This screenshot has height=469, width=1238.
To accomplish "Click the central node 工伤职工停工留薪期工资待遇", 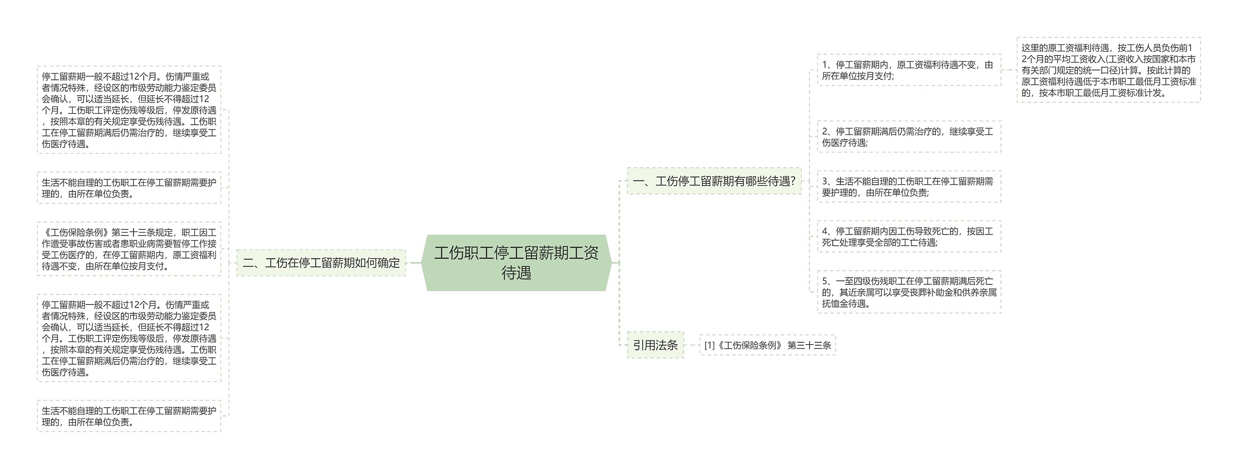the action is point(516,263).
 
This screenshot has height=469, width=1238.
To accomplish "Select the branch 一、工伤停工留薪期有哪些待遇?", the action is point(714,181).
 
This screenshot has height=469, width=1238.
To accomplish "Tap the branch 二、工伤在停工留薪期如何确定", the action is point(321,263).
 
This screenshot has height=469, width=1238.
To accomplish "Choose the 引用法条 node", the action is point(655,345).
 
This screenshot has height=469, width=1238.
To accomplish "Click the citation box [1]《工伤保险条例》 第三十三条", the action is point(767,345).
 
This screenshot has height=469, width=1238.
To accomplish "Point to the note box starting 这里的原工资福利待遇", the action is point(1108,70).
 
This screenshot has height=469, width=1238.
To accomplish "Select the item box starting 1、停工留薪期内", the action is point(909,70).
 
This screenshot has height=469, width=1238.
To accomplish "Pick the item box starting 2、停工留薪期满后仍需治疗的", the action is point(909,137).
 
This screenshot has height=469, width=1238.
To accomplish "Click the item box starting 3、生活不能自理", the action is point(909,187).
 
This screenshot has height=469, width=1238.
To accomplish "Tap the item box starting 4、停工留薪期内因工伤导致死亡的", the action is point(909,237).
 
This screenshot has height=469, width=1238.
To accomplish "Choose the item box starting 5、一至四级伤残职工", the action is point(909,292).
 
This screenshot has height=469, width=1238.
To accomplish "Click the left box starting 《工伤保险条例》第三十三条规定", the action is point(129,249).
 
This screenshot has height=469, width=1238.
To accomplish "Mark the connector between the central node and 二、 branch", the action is point(414,263).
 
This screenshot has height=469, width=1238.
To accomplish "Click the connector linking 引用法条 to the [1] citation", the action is point(692,345).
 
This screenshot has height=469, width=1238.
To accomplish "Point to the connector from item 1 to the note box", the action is point(1009,70).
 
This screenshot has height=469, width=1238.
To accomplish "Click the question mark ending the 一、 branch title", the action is point(792,181).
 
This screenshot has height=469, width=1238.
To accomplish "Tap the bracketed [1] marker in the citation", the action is point(709,345).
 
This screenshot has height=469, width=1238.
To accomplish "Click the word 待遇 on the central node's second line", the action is point(516,273).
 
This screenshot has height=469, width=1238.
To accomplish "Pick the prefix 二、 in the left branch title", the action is point(252,263).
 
